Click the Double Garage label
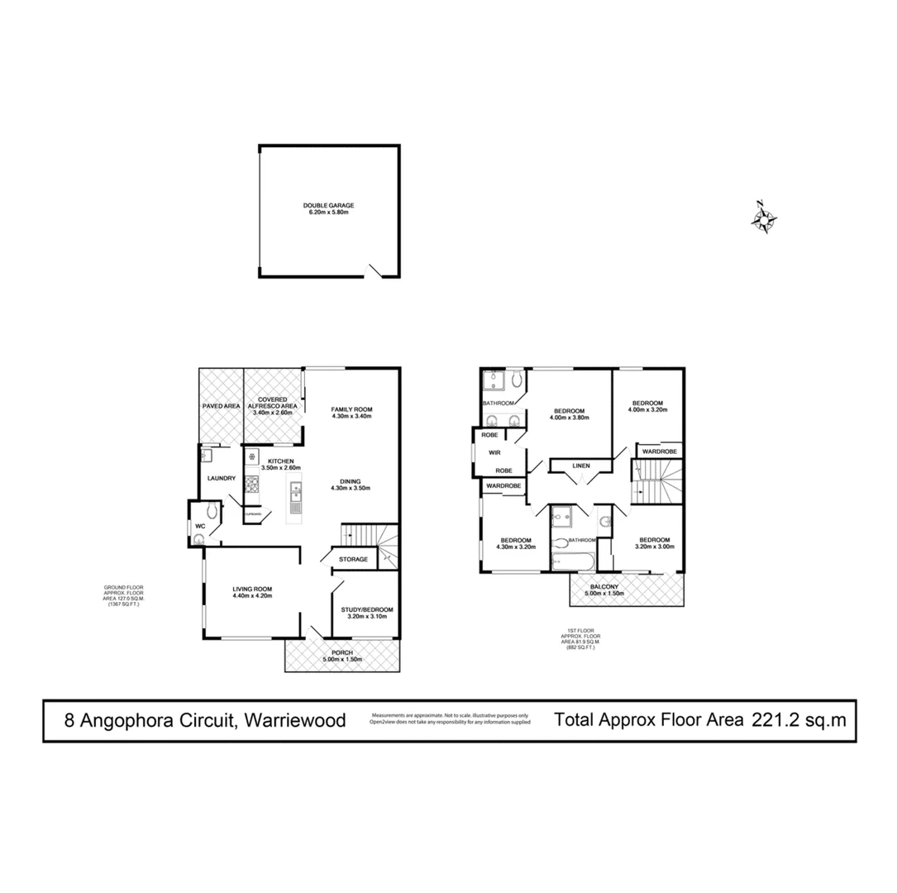click(328, 209)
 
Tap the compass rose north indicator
click(765, 218)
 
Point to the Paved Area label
click(221, 406)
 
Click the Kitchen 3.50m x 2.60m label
click(280, 465)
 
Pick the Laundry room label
click(222, 478)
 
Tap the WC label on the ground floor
click(199, 525)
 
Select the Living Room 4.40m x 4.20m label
click(252, 592)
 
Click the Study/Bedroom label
click(364, 613)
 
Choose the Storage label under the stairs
click(353, 560)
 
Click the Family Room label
click(352, 413)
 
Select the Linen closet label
click(580, 466)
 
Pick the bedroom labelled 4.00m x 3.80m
click(570, 414)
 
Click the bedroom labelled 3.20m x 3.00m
click(655, 543)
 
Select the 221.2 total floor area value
click(775, 719)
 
